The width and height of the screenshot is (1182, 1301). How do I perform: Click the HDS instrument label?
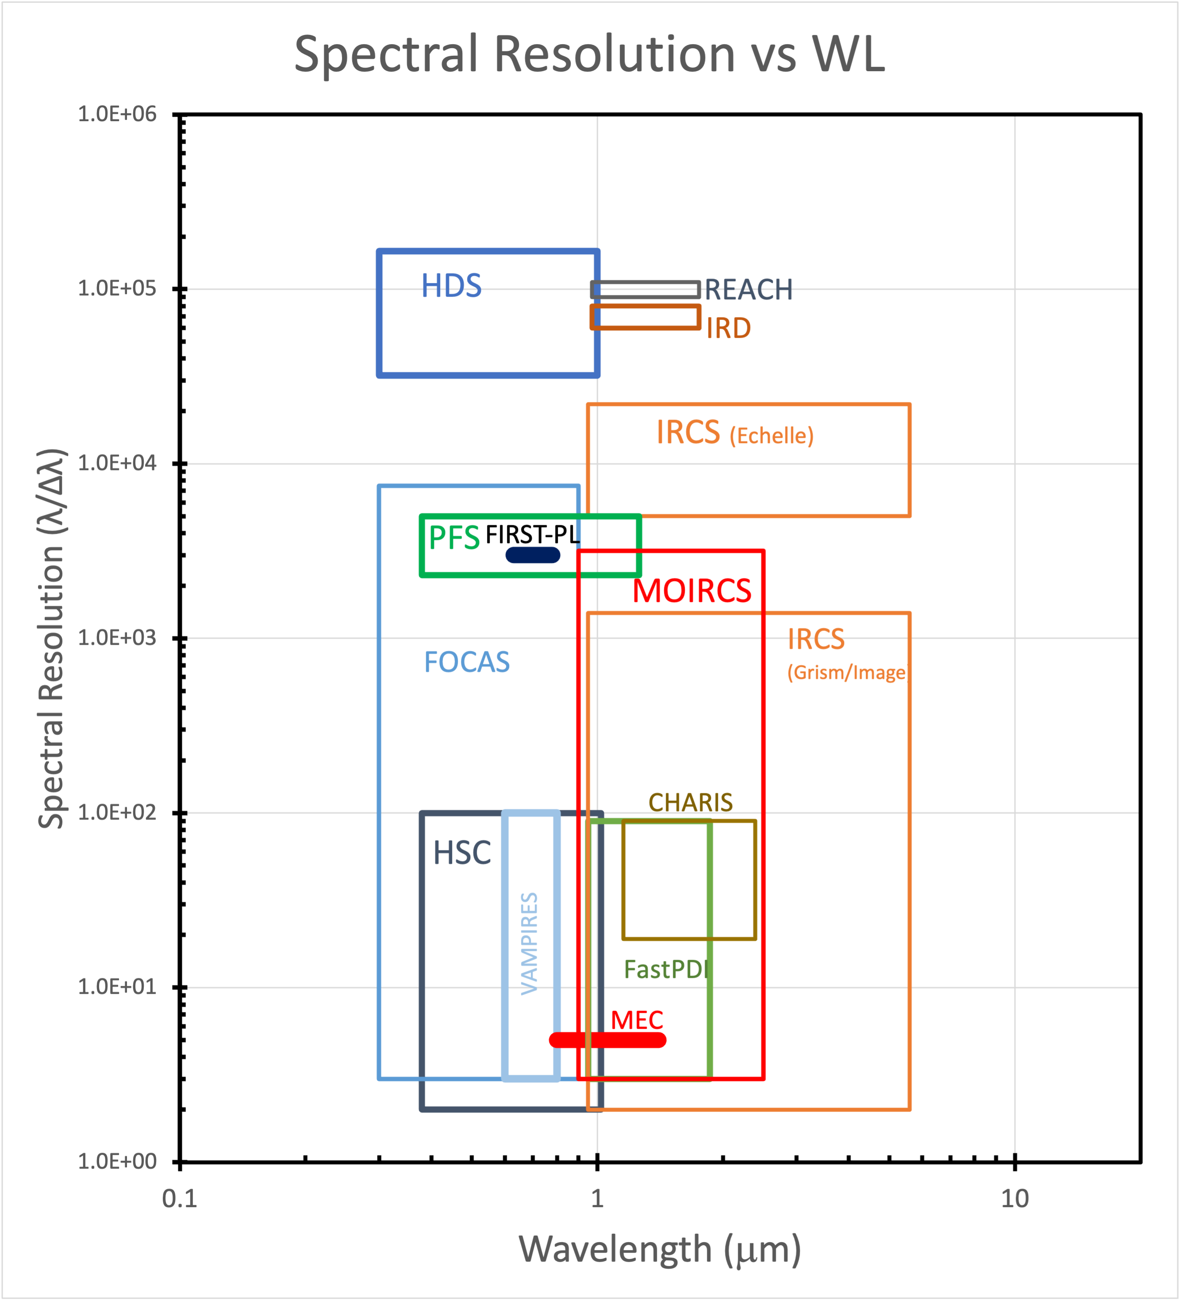click(451, 286)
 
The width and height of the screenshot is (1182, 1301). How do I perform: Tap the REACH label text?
click(748, 290)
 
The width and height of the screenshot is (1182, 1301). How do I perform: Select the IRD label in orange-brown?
click(728, 329)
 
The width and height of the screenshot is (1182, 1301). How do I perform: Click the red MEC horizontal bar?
click(607, 1040)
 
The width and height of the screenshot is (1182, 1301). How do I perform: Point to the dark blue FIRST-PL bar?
click(533, 555)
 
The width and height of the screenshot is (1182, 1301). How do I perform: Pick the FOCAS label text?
click(467, 662)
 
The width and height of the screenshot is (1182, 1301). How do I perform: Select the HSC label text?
click(461, 853)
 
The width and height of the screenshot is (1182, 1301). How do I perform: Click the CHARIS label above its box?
click(690, 803)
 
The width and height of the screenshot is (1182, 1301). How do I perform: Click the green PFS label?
click(454, 538)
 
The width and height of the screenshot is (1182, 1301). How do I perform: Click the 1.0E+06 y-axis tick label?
click(117, 114)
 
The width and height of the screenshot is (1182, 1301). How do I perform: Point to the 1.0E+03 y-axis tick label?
click(117, 638)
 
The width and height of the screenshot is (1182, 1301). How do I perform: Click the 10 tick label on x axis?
click(1014, 1198)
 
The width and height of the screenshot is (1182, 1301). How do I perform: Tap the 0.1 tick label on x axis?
click(180, 1198)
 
